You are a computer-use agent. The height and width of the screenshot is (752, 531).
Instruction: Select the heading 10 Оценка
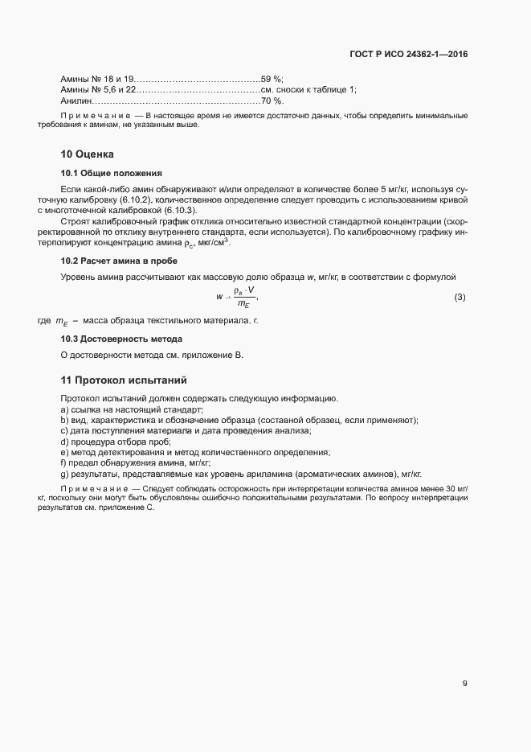point(88,154)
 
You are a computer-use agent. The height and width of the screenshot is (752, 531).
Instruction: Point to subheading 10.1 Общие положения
point(112,173)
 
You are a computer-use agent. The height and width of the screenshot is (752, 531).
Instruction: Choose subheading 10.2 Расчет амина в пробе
point(119,261)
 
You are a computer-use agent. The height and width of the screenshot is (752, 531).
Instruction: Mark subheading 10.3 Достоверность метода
point(121,339)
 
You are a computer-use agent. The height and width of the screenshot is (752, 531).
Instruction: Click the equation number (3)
point(460,298)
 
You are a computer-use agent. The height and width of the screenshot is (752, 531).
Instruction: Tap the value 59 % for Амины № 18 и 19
point(272,79)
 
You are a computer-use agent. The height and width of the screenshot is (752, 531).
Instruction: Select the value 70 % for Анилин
point(272,101)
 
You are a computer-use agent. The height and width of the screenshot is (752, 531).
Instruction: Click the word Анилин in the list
point(76,101)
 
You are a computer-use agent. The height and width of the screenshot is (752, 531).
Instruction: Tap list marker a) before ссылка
point(64,410)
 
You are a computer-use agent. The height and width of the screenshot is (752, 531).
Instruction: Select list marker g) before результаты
point(64,474)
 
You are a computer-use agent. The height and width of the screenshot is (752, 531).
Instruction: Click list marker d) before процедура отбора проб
point(64,442)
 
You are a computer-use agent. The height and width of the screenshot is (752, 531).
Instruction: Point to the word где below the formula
point(44,321)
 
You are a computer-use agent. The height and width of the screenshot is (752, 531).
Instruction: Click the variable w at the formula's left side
point(219,297)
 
